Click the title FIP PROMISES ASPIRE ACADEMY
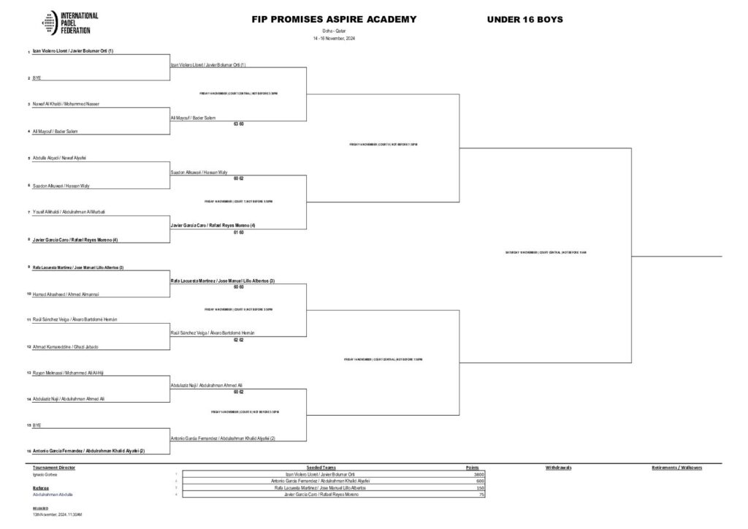tap(334, 19)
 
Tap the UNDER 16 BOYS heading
tap(524, 19)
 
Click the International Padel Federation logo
tap(70, 23)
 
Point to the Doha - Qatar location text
tap(334, 31)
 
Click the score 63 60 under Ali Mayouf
tap(238, 124)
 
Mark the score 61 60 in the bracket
tap(238, 232)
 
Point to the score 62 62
tap(238, 340)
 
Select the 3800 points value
tap(479, 474)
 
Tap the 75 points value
tap(481, 495)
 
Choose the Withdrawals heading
tap(558, 467)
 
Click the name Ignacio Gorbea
tap(45, 474)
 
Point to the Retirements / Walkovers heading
tap(676, 467)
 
